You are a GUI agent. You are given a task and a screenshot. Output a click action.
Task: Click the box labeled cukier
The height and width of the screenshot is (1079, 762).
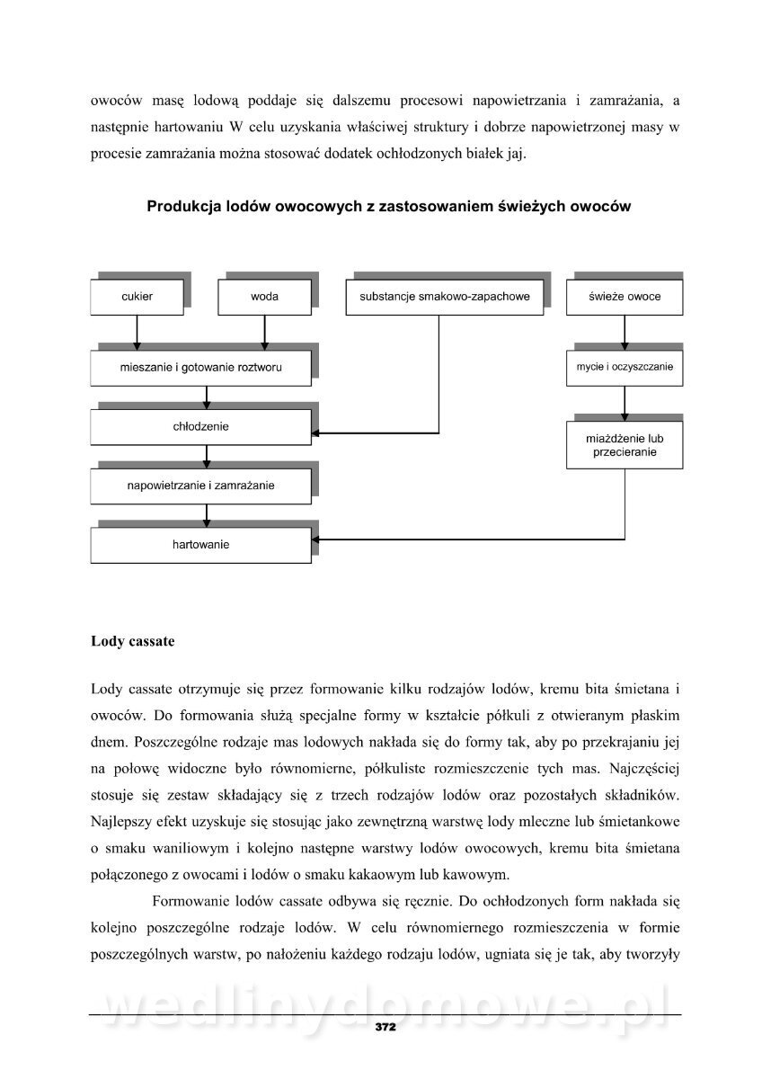point(137,297)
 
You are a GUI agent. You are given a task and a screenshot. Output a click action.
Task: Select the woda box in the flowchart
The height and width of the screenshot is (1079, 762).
point(264,297)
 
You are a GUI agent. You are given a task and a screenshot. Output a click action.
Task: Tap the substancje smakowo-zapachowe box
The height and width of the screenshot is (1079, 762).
point(444,297)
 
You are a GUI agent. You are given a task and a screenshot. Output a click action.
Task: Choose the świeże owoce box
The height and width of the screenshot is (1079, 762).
point(625,297)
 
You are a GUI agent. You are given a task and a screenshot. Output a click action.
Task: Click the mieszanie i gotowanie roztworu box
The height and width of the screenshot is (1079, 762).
point(201,368)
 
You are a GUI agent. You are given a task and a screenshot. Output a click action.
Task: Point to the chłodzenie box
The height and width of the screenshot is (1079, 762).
point(201,426)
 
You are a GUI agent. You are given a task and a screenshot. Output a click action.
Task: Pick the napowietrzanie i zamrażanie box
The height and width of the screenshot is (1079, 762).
point(201,486)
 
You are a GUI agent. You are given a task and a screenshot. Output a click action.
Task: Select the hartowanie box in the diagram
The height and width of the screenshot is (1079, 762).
point(201,545)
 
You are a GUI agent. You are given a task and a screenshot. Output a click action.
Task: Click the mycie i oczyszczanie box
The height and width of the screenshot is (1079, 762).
point(625,368)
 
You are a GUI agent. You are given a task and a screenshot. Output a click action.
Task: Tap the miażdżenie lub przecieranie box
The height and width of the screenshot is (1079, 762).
point(625,445)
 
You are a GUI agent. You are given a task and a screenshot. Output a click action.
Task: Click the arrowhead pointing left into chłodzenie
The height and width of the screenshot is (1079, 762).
point(318,433)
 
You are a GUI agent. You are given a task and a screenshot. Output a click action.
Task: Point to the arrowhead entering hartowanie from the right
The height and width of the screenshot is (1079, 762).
point(318,539)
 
